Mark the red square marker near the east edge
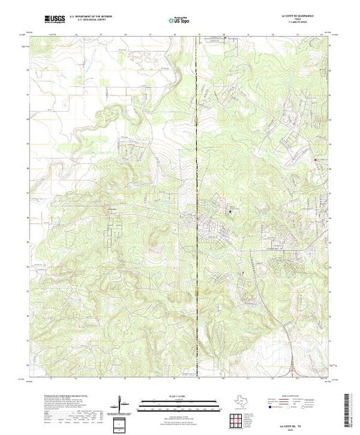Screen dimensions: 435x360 [x=317, y=160]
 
